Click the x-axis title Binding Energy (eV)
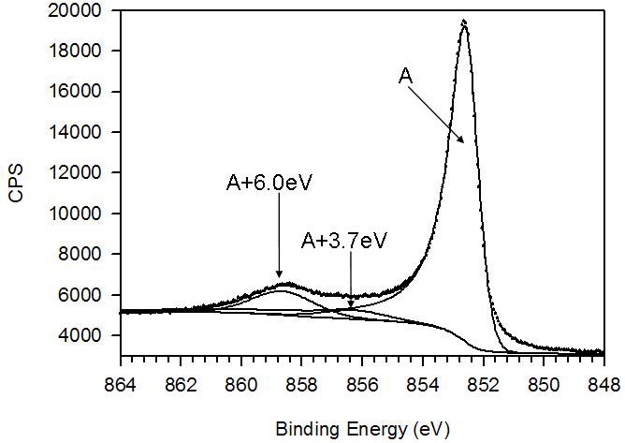point(362,429)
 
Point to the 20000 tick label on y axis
point(85,11)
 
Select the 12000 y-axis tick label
point(85,173)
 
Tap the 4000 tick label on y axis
point(89,335)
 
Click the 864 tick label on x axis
point(121,384)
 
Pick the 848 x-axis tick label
point(603,384)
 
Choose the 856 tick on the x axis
point(362,384)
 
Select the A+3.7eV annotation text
point(344,241)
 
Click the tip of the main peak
point(463,22)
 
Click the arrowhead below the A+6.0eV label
point(279,277)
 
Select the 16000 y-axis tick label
point(85,92)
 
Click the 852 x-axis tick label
point(483,384)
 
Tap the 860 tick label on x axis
point(241,384)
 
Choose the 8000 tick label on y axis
point(89,254)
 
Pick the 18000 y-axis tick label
point(85,52)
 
